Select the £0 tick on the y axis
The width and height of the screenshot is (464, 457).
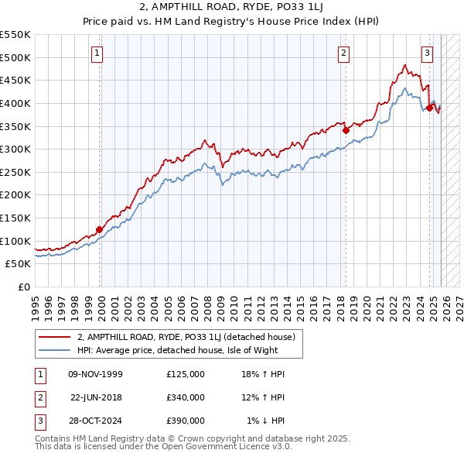pyautogui.click(x=25, y=287)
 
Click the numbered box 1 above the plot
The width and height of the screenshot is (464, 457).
pyautogui.click(x=97, y=53)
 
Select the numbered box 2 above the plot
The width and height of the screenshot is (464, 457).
pyautogui.click(x=343, y=53)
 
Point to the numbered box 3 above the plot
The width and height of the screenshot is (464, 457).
pyautogui.click(x=427, y=53)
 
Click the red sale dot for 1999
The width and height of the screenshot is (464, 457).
pyautogui.click(x=100, y=229)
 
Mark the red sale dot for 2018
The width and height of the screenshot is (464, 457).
pyautogui.click(x=346, y=131)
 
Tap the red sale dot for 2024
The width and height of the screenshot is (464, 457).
pyautogui.click(x=429, y=108)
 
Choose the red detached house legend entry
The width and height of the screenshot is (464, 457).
pyautogui.click(x=180, y=337)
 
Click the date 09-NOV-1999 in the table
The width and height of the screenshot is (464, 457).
pyautogui.click(x=96, y=374)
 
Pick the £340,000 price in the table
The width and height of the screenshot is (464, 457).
pyautogui.click(x=185, y=397)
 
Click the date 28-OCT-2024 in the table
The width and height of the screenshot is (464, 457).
pyautogui.click(x=96, y=421)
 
